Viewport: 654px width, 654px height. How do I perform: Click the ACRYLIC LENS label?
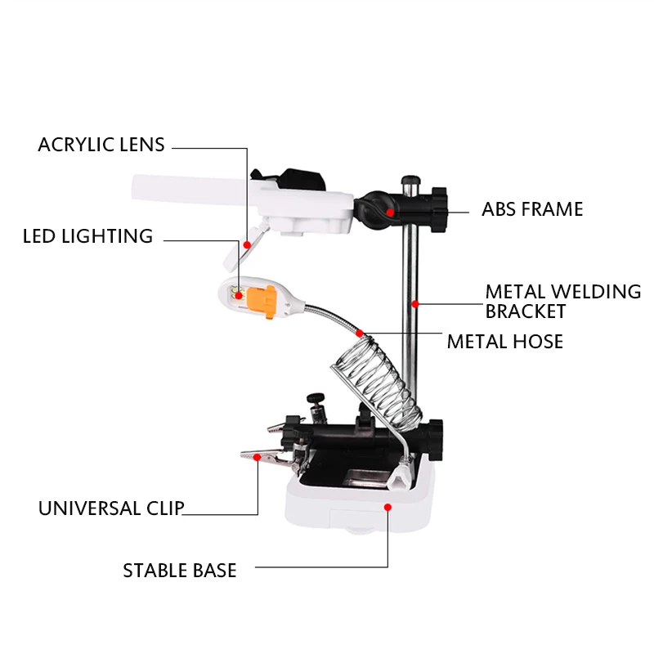(101, 146)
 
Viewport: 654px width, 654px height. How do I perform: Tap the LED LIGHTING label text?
(87, 237)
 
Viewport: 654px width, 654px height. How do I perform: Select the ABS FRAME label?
(532, 209)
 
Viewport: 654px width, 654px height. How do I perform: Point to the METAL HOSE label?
(504, 341)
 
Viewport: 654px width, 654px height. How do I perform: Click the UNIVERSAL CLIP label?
(111, 508)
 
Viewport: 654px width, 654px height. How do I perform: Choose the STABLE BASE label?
(180, 571)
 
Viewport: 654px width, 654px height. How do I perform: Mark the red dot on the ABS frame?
(392, 212)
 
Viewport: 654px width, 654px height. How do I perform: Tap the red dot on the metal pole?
(415, 303)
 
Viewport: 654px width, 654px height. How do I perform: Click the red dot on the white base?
(387, 507)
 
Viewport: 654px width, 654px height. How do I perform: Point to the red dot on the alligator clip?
(258, 458)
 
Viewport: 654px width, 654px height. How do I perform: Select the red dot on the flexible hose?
(360, 333)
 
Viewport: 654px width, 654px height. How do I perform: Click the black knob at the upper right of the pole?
(441, 208)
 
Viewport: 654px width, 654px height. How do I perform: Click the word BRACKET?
(526, 311)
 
